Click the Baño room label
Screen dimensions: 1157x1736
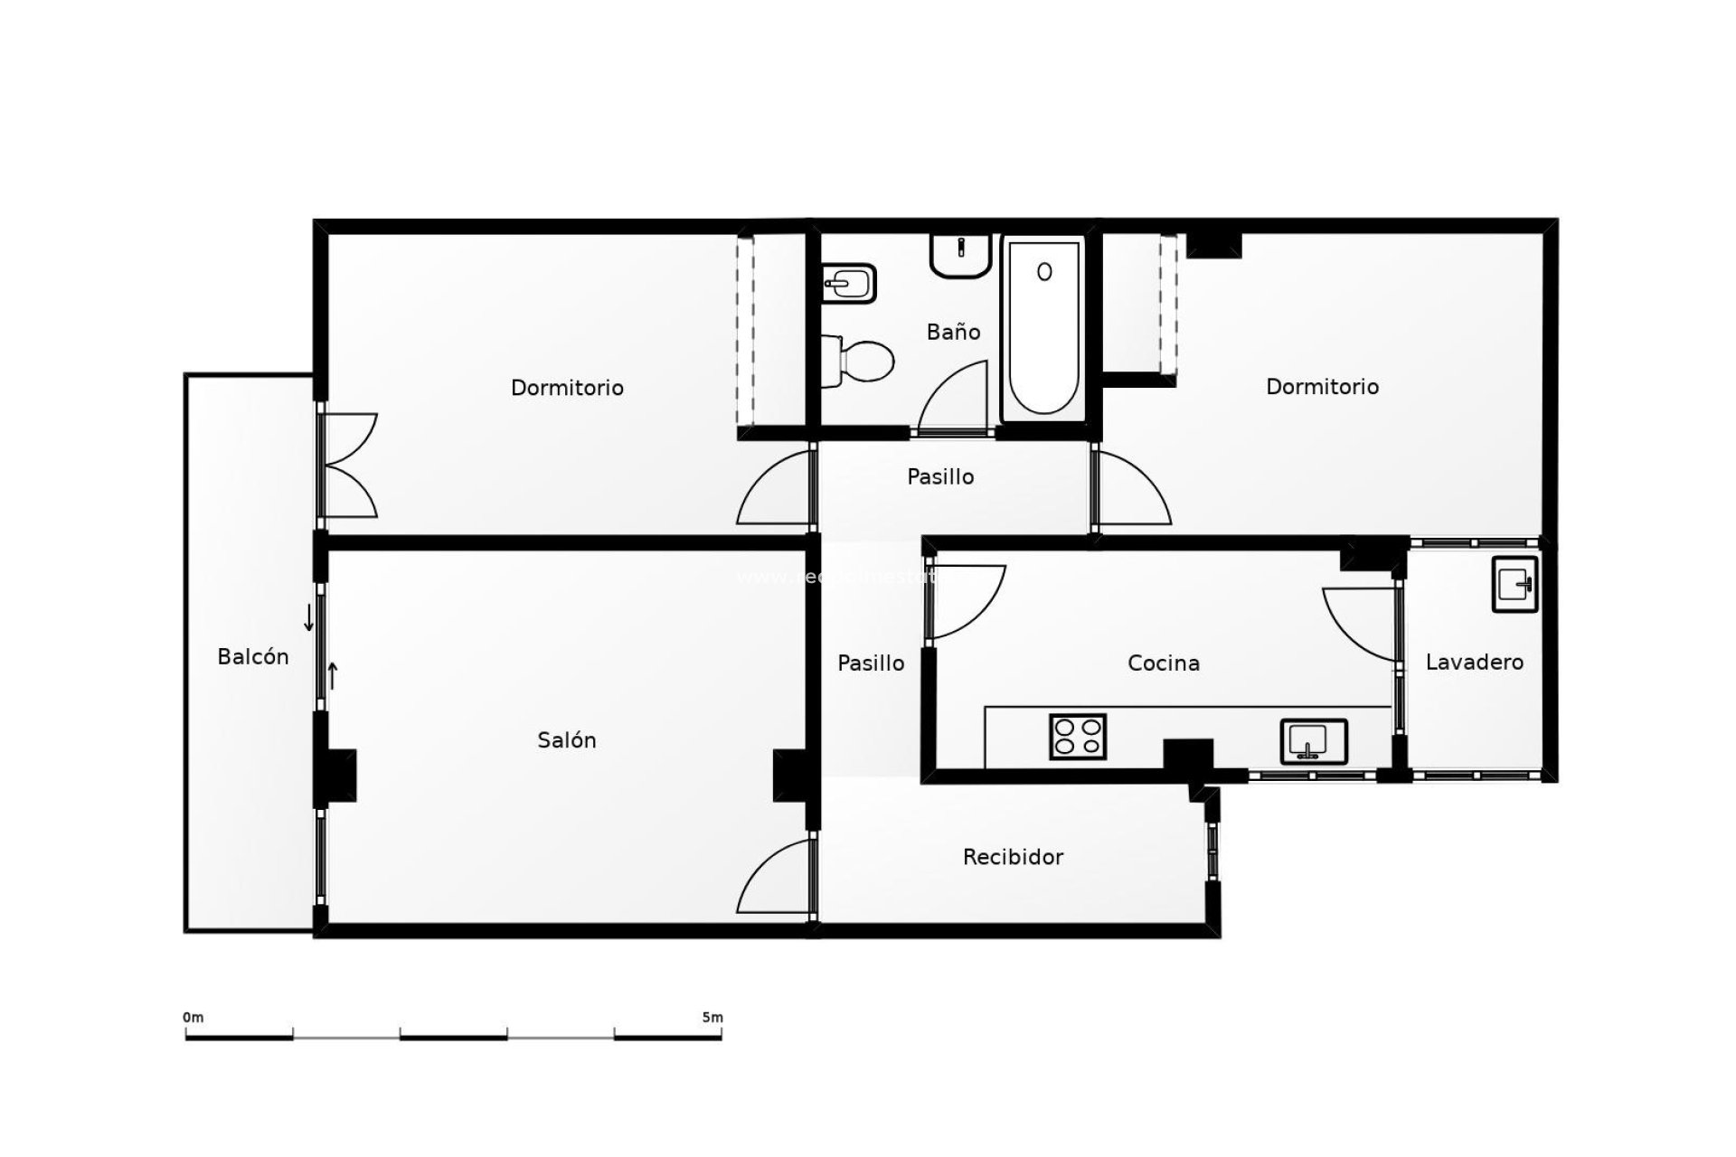pos(953,332)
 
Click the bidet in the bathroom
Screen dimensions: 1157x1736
pos(849,284)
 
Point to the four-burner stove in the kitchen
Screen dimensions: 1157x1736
pos(1078,736)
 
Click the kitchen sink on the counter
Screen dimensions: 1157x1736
pos(1313,741)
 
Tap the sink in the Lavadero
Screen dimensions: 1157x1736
pos(1514,584)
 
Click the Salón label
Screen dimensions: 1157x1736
pos(567,740)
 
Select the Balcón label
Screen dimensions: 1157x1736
pos(253,657)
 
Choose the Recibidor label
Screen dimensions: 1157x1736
pos(1013,857)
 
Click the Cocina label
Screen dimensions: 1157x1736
pos(1164,663)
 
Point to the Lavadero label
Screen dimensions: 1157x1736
pos(1475,663)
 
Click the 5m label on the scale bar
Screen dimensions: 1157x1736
pos(712,1018)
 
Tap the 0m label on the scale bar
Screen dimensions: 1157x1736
pos(193,1018)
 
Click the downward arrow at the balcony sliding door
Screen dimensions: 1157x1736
pos(308,618)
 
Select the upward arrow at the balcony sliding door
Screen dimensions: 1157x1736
pos(332,675)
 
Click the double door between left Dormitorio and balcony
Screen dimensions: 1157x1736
pos(348,466)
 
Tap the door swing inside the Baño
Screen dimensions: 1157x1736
pos(955,397)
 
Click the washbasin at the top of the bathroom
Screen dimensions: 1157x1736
pos(960,255)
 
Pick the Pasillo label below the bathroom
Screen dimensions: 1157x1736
pos(940,477)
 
